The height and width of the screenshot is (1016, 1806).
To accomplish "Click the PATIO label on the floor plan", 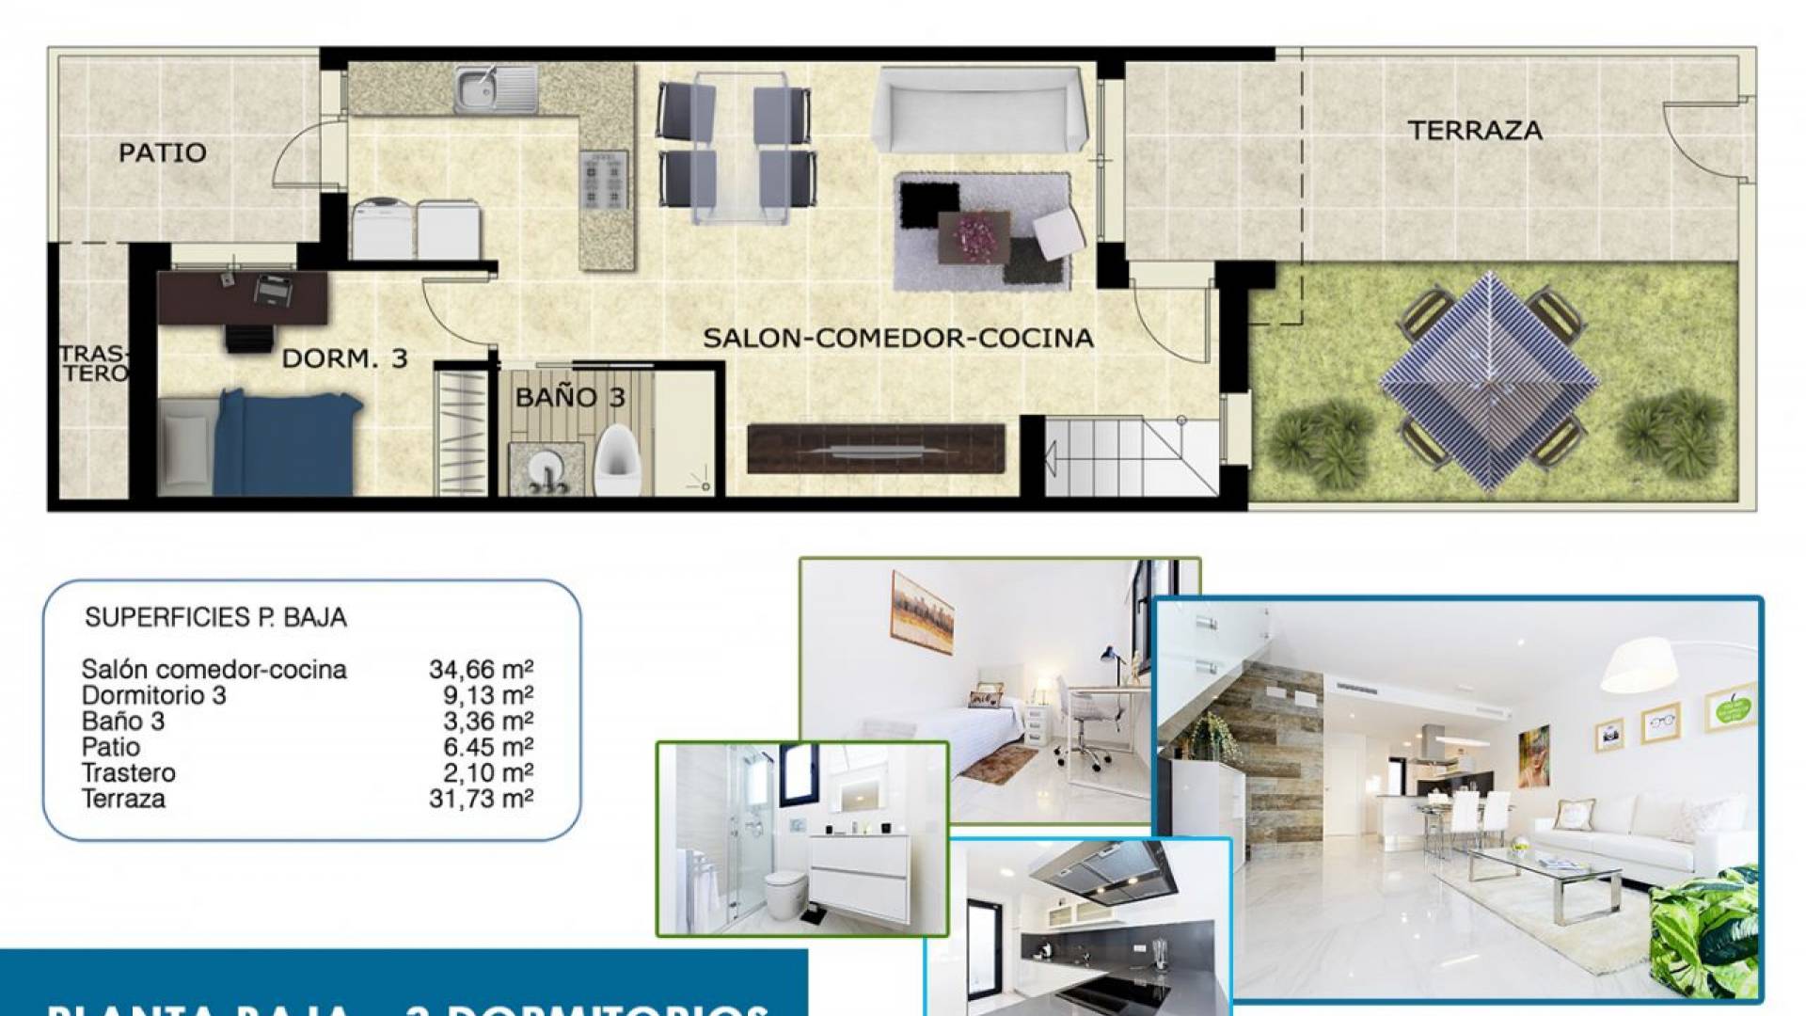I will (x=162, y=152).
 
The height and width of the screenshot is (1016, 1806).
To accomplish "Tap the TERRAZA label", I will (x=1475, y=131).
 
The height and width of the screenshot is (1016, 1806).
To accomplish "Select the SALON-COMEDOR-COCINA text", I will (x=898, y=338).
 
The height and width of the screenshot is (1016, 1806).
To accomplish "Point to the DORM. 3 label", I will (x=345, y=358).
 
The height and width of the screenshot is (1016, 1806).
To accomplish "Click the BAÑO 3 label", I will (x=570, y=397).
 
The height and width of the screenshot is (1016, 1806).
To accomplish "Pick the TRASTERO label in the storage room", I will (x=93, y=364).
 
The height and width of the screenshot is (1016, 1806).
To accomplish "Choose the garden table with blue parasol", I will (x=1489, y=381).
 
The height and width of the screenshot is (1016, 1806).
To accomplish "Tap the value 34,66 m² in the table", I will (x=481, y=670).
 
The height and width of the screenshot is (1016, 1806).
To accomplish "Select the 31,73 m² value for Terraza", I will (x=481, y=799).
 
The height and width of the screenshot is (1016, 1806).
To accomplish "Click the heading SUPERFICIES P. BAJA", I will (x=215, y=618).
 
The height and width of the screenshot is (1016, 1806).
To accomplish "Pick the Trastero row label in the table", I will (x=129, y=773).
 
